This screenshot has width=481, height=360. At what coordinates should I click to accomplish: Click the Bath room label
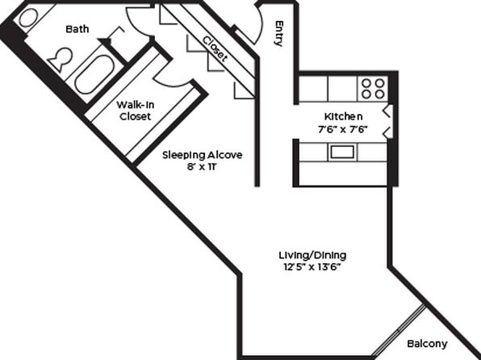tap(77, 29)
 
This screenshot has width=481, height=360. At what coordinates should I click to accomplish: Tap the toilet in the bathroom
tap(61, 59)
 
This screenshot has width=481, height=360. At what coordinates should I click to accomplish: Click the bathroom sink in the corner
tap(28, 18)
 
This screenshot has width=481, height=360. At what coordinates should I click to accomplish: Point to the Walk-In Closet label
tap(136, 111)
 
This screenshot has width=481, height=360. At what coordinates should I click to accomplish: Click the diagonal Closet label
tap(215, 49)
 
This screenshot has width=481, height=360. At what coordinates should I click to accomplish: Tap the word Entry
tap(278, 33)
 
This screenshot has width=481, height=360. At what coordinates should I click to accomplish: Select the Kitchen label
tap(343, 116)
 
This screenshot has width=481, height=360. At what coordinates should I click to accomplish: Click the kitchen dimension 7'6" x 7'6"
tap(343, 129)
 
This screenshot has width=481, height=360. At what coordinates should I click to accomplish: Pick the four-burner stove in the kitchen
tap(373, 89)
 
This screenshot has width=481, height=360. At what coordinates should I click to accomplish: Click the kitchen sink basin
tap(342, 153)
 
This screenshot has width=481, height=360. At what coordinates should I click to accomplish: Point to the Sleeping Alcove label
tap(202, 155)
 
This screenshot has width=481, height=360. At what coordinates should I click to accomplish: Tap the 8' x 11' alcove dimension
tap(202, 167)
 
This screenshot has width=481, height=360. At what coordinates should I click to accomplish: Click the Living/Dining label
tap(312, 255)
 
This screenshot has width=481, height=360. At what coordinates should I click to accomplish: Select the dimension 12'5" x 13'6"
tap(312, 267)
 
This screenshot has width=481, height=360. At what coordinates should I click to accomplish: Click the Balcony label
tap(427, 344)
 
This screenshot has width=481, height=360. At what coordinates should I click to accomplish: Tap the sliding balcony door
tap(399, 330)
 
